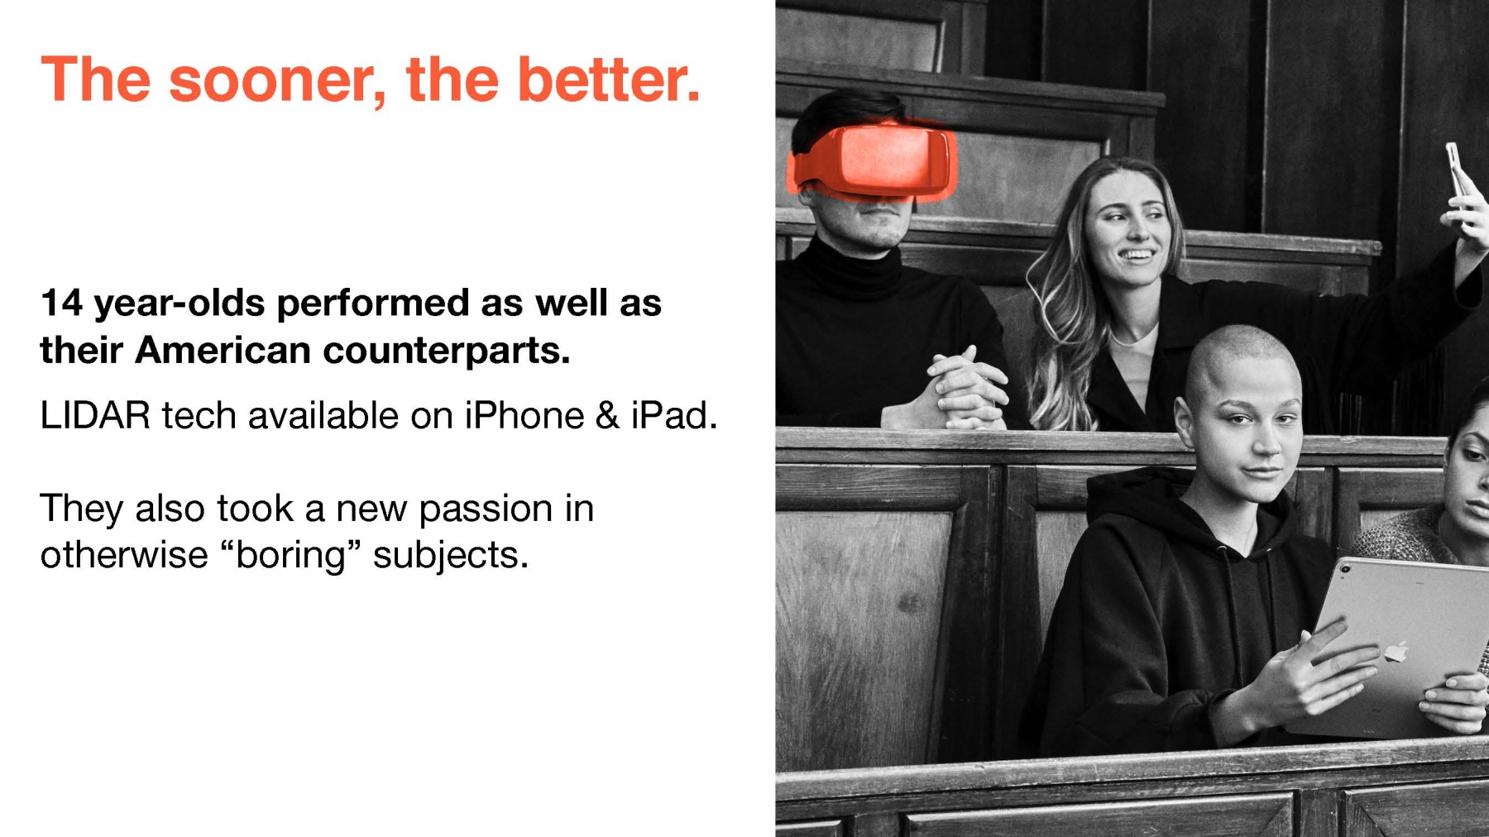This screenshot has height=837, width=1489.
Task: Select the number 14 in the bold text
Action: [x=61, y=303]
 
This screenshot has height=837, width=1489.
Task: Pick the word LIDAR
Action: [x=95, y=415]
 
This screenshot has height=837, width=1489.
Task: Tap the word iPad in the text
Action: [x=673, y=415]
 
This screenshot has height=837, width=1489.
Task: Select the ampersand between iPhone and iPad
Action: [x=607, y=416]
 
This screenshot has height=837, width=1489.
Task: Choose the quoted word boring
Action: [x=290, y=556]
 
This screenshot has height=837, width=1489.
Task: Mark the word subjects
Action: [x=450, y=556]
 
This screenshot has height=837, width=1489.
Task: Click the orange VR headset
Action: [x=875, y=160]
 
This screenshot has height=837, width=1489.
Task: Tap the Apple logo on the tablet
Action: [x=1396, y=652]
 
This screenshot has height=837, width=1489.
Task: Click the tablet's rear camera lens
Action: [x=1346, y=569]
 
